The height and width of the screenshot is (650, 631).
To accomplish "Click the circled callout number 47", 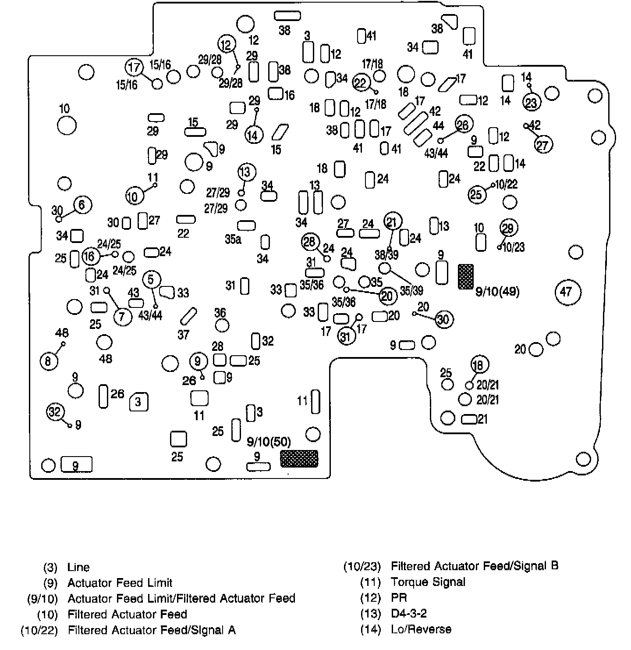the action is (x=566, y=291).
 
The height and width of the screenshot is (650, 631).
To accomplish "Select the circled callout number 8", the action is (x=48, y=361).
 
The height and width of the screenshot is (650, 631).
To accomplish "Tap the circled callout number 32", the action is (x=55, y=412).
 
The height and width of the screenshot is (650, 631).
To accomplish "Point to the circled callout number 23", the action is (x=531, y=103).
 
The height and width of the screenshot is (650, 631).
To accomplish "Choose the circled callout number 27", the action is (x=543, y=144).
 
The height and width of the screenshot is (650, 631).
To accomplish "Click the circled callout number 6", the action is (x=83, y=204).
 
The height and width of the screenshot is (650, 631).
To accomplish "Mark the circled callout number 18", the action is (x=479, y=364).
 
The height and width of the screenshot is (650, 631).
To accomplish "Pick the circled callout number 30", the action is (x=443, y=320).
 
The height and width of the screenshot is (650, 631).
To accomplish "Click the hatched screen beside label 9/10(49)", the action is (x=465, y=276).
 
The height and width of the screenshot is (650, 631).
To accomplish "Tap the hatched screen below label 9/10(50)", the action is (x=299, y=458).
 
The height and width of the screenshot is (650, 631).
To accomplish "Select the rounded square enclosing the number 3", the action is (x=138, y=401).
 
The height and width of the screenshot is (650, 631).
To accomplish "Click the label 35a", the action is (x=233, y=239).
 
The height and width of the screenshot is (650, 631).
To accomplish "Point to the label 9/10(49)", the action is (x=497, y=292).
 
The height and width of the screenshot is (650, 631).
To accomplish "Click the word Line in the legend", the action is (x=78, y=567).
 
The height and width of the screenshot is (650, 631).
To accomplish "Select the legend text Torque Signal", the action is (x=428, y=582).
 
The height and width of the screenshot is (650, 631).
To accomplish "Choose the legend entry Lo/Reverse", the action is (x=421, y=629).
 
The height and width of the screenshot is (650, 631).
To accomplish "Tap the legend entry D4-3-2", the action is (x=408, y=614).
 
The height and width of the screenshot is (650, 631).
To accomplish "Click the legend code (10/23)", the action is (x=362, y=567).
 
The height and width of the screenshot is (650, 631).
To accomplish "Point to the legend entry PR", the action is (x=399, y=598).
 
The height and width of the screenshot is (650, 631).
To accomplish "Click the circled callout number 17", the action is (x=134, y=68).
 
